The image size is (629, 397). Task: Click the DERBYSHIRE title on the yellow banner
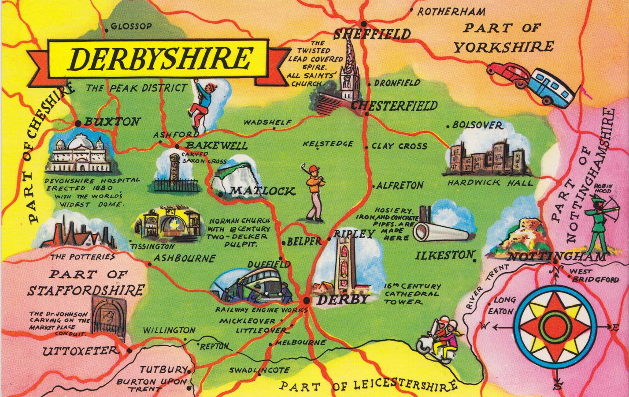point(160,59)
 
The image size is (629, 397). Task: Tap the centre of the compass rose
point(554,327)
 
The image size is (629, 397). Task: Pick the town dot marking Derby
point(306,301)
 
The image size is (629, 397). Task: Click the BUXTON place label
point(112,122)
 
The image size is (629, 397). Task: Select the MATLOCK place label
point(263,191)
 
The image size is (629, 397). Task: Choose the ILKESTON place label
point(444,255)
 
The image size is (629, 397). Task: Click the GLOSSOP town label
point(131,26)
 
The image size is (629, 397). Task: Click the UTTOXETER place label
point(81,351)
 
